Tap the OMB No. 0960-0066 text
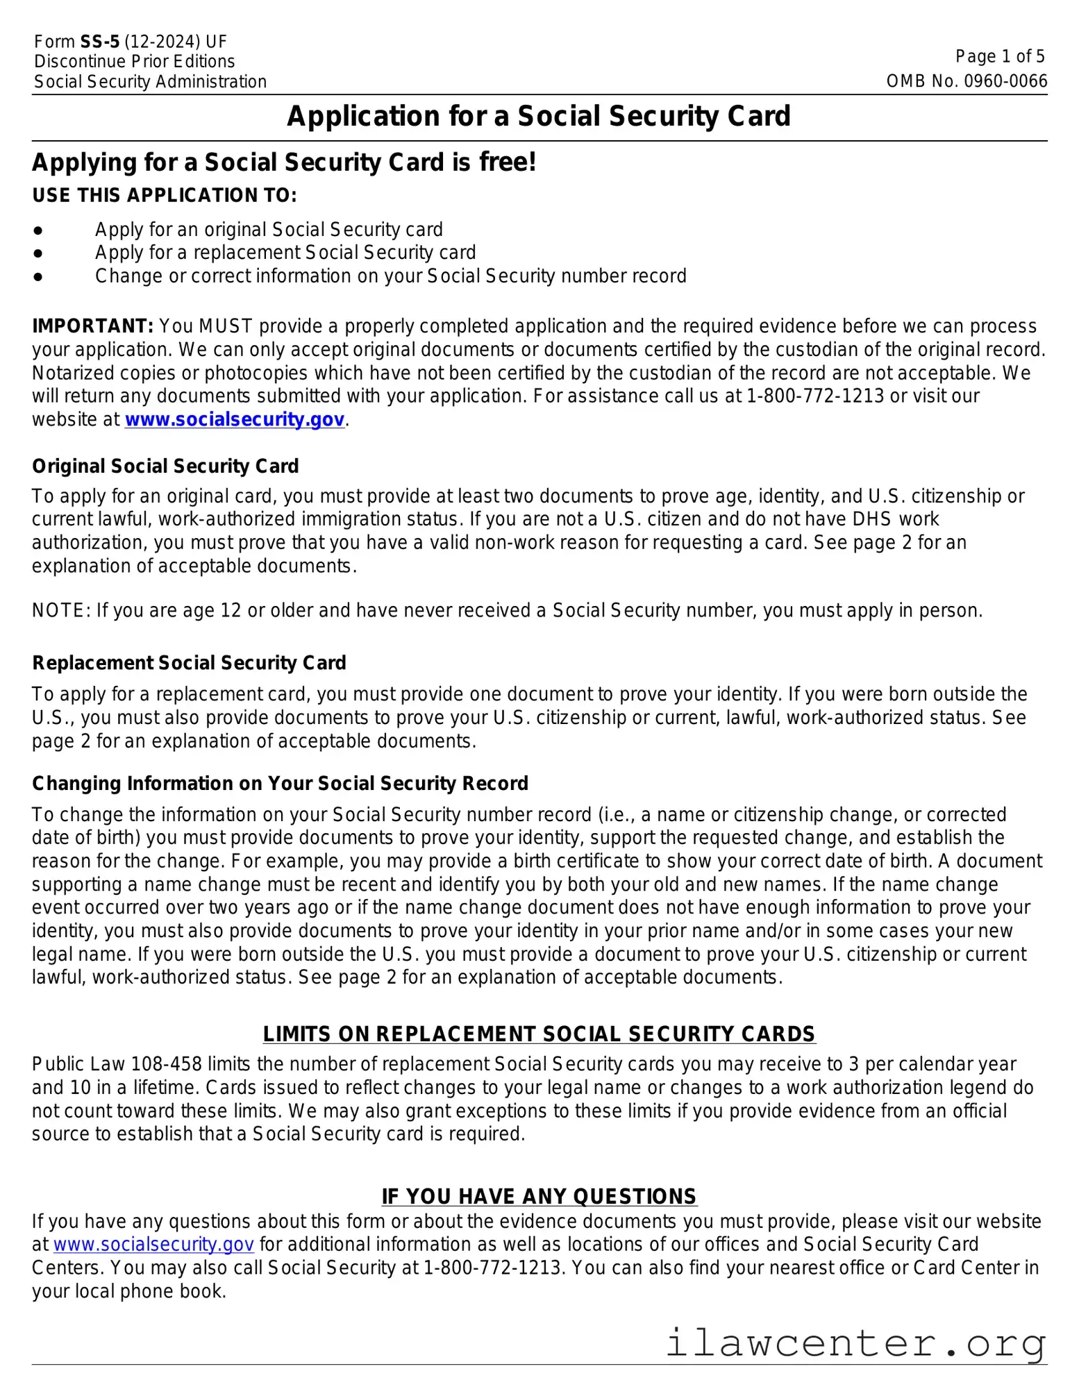pos(966,81)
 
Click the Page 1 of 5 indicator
pos(999,57)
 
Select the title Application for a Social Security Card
pos(539,116)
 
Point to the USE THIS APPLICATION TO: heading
pos(164,196)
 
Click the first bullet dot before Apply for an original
pos(38,230)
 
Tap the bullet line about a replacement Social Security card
pos(285,253)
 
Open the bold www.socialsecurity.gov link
pos(234,420)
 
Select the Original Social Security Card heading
pos(165,466)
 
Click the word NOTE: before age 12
pos(61,611)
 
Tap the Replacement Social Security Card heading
pos(189,663)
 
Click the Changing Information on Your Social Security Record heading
pos(280,784)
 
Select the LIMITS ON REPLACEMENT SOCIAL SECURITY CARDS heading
pos(539,1034)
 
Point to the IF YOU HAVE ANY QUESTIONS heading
pos(539,1197)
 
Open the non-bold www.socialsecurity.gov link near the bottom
pos(153,1245)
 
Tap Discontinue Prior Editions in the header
pos(134,62)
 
